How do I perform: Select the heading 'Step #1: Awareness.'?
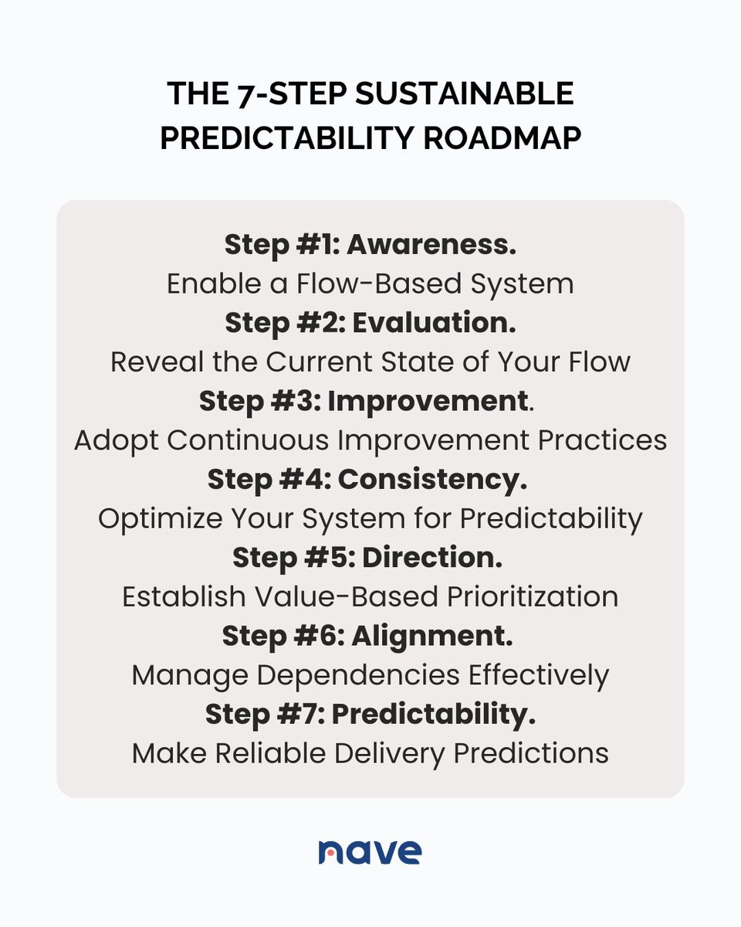tap(370, 245)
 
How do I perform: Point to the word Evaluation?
tap(434, 323)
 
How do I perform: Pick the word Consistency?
tap(432, 480)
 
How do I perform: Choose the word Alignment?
tap(433, 636)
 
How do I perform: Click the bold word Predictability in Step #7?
tap(434, 715)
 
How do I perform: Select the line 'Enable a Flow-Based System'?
tap(370, 284)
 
